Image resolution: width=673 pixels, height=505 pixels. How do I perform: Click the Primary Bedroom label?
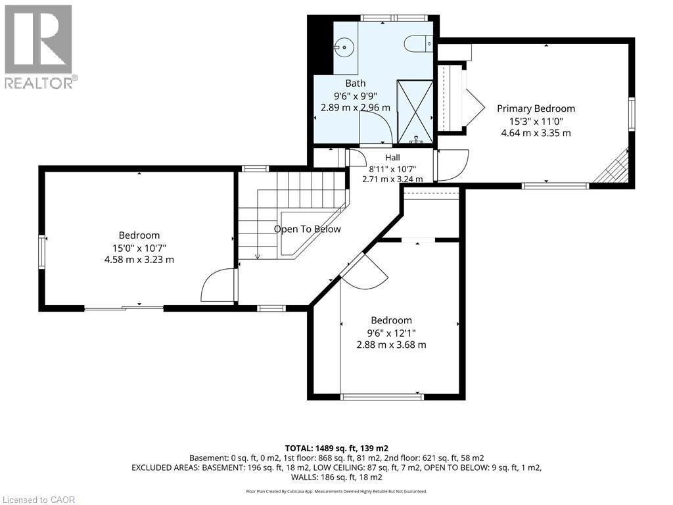point(536,108)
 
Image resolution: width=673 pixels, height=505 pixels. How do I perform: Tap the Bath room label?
point(356,84)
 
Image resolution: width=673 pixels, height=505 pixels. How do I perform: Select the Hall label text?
point(392,158)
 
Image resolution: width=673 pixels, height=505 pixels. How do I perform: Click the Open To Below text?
point(308,229)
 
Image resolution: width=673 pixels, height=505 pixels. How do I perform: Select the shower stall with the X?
point(415,111)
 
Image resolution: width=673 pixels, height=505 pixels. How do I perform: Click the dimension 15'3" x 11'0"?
point(536,121)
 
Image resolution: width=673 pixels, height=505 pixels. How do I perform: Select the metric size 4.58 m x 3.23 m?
point(139,259)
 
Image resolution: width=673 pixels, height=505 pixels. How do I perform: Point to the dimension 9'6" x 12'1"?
point(391,333)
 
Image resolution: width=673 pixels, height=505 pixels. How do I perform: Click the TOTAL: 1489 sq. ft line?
point(336,448)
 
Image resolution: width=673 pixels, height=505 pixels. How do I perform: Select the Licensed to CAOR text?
point(37,500)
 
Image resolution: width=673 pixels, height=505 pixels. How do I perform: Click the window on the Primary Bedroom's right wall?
point(632,114)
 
